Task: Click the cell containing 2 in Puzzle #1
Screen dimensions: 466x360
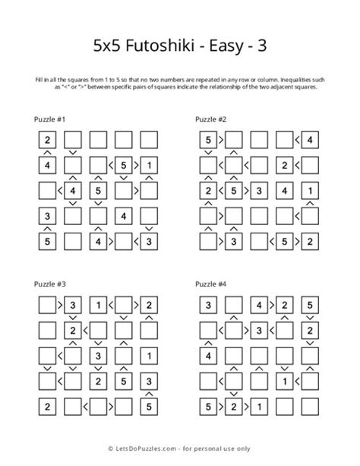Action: (48, 139)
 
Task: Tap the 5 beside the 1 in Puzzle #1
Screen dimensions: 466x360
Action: (124, 165)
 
